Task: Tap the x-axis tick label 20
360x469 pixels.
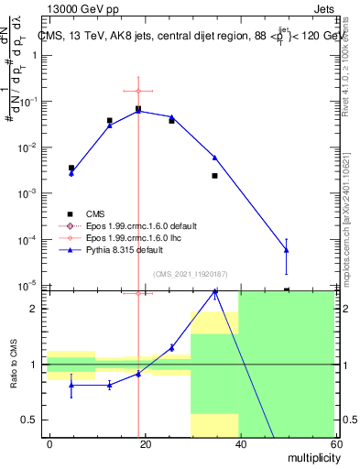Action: click(145, 443)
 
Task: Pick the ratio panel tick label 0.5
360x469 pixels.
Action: click(31, 420)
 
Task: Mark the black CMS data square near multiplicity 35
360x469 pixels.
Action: click(214, 176)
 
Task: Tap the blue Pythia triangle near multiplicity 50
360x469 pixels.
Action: click(287, 249)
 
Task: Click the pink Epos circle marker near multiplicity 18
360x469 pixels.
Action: click(138, 91)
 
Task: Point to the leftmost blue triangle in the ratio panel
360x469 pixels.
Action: click(71, 385)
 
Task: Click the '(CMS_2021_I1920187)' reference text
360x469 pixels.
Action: click(191, 272)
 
